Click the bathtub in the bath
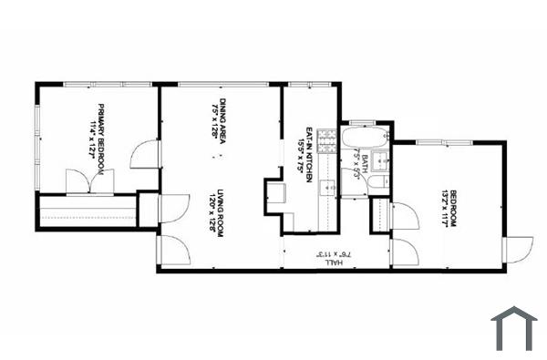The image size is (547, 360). point(366,139)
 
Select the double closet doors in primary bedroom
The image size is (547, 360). point(89,180)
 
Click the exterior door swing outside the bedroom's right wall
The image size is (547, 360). point(519,249)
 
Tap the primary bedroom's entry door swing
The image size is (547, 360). point(146,154)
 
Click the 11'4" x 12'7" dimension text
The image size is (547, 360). point(93,137)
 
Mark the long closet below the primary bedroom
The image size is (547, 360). point(88,211)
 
